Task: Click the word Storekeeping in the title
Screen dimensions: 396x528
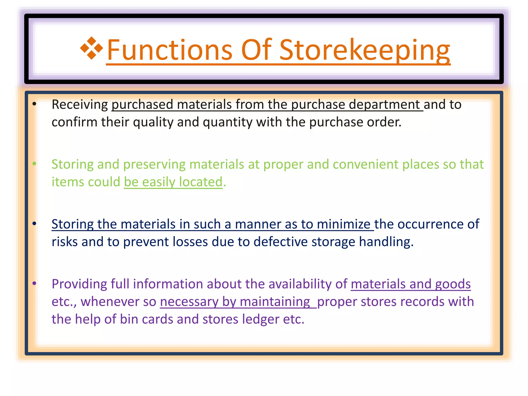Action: coord(365,50)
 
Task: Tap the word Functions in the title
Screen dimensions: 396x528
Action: coord(170,50)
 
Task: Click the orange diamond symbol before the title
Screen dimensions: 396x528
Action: coord(92,48)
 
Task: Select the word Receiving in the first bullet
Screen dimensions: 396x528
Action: coord(80,105)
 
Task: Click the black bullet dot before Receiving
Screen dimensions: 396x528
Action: coord(34,104)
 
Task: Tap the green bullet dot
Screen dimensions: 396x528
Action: coord(34,164)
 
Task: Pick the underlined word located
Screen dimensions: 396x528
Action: coord(201,182)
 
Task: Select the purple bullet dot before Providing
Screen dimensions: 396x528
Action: coord(34,283)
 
